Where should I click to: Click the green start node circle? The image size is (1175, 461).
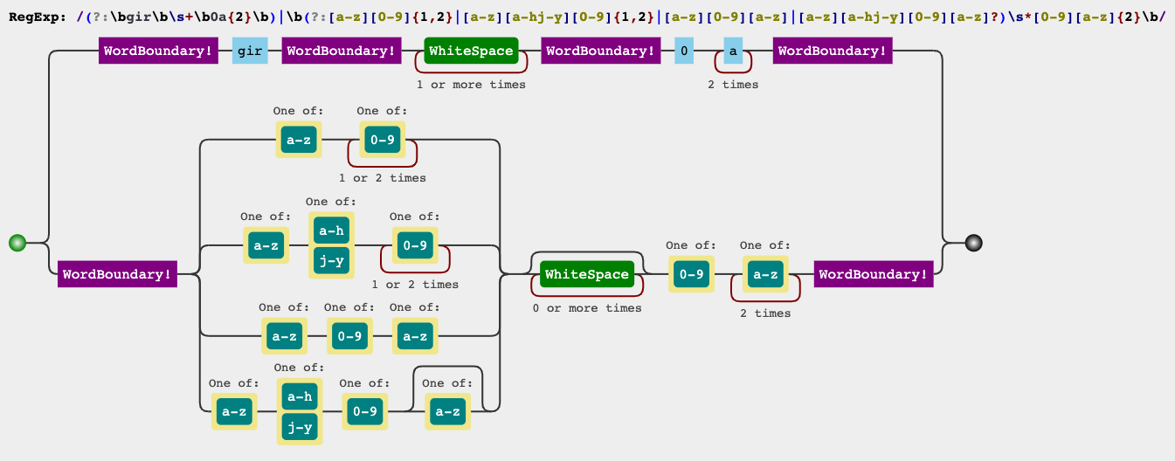point(17,243)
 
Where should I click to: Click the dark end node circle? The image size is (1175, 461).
point(974,243)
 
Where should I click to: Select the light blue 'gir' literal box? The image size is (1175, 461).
point(250,51)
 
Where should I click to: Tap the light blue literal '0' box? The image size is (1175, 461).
point(684,51)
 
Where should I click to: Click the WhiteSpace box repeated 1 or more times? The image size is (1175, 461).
point(471,51)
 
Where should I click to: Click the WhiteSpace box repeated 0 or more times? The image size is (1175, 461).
point(586,274)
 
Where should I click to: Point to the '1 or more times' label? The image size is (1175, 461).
point(471,85)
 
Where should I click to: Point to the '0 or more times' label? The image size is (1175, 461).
point(586,308)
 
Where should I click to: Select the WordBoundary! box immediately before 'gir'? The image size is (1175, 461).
point(158,51)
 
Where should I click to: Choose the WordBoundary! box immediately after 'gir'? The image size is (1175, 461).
point(341,51)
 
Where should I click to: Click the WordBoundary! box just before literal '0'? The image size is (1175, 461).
point(600,51)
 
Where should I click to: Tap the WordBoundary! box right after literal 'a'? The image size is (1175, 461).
point(832,51)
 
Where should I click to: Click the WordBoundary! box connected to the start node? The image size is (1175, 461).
point(117,274)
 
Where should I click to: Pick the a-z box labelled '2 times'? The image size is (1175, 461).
point(765,274)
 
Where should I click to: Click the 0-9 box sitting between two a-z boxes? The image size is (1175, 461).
point(349,335)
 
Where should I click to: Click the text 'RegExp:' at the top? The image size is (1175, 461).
point(35,17)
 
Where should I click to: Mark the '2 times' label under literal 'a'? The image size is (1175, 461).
point(733,85)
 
